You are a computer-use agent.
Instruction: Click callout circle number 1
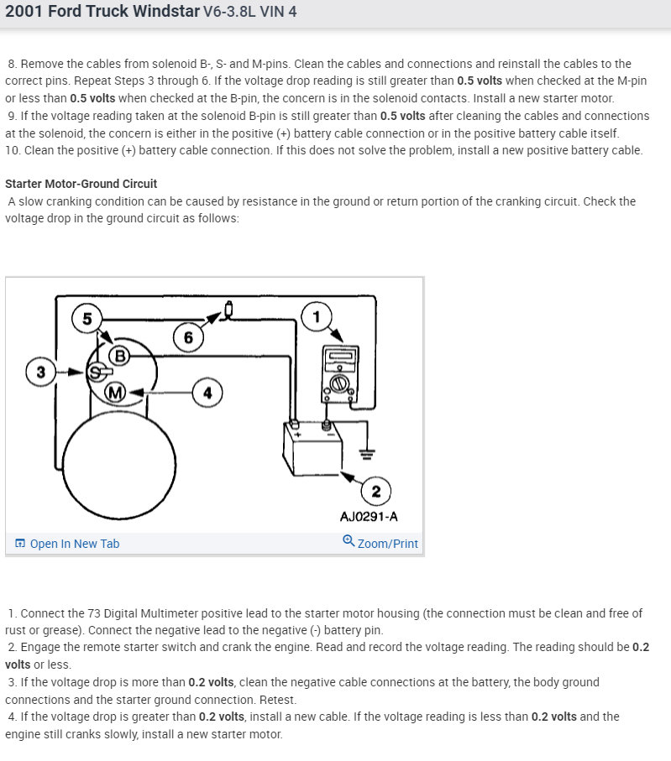317,316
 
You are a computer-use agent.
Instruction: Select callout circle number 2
375,491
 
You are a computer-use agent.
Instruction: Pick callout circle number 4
208,391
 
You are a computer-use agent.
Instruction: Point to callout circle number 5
87,318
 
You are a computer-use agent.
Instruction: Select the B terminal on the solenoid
119,356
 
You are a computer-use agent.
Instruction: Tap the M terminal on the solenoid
115,392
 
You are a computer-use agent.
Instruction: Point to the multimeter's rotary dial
338,383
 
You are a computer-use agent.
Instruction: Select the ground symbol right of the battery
366,455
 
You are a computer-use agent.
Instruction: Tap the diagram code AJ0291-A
369,516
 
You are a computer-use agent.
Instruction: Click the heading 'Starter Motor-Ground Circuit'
81,184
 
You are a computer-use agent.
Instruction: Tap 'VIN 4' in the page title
278,13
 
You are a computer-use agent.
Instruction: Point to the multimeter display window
338,356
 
